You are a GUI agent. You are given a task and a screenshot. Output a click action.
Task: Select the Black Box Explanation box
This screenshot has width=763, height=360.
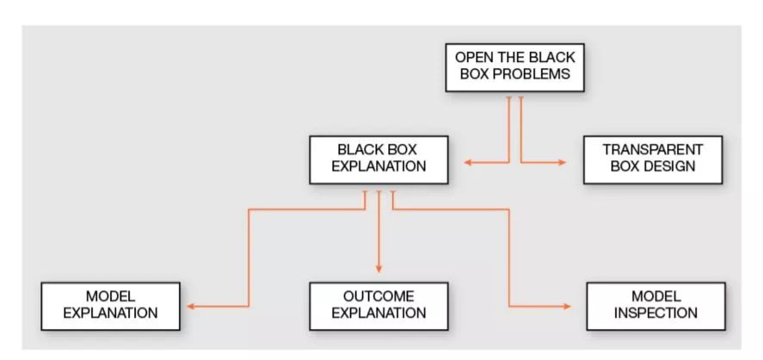(x=379, y=158)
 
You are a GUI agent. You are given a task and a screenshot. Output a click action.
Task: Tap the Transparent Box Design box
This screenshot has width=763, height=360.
(x=653, y=158)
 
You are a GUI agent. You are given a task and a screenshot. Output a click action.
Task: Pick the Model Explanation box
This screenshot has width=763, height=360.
(x=110, y=305)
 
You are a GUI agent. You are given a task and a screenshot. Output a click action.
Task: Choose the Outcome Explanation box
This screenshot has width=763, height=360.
(x=379, y=305)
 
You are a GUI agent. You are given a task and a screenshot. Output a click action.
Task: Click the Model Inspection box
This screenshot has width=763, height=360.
(x=655, y=305)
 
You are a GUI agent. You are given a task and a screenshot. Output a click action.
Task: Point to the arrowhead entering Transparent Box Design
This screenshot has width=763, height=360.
(x=562, y=162)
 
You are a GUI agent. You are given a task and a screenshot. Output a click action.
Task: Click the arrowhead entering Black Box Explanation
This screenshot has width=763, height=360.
(x=468, y=162)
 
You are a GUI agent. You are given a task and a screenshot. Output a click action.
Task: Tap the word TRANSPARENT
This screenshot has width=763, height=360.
(x=653, y=150)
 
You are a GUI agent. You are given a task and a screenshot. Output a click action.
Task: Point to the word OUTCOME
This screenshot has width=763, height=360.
(x=379, y=297)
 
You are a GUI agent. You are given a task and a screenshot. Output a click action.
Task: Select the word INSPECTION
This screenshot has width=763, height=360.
(x=655, y=313)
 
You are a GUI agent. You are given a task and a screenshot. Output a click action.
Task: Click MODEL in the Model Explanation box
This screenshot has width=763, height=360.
(x=110, y=297)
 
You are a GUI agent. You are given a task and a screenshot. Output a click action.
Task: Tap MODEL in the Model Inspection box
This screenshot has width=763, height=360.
(x=655, y=297)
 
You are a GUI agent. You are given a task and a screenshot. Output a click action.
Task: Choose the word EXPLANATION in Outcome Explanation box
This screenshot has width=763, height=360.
(x=379, y=313)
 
